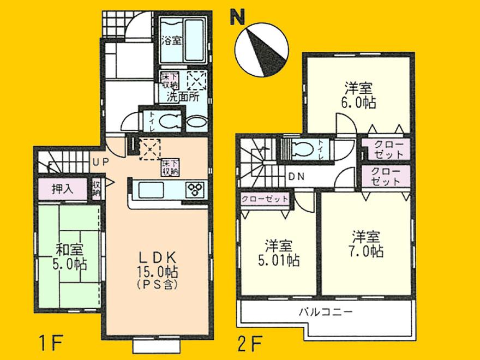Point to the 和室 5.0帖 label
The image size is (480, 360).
point(69,257)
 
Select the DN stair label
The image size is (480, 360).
point(297,177)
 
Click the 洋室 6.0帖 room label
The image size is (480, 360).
point(359,94)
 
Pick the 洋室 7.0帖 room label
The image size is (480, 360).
point(367,244)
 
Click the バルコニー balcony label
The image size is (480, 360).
point(326,313)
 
